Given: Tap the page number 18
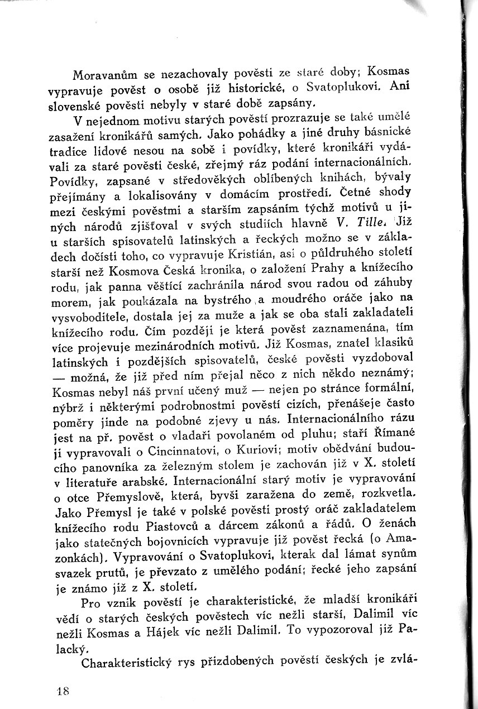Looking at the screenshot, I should tap(62, 691).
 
